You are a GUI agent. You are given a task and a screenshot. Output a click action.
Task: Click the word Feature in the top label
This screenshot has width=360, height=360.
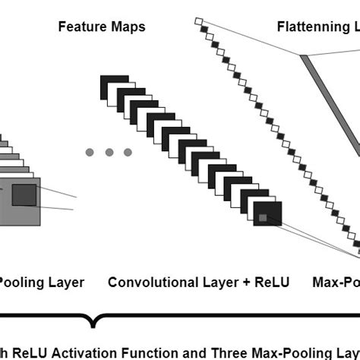(x=81, y=27)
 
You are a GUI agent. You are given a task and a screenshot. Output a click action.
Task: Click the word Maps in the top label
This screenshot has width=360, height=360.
(x=126, y=27)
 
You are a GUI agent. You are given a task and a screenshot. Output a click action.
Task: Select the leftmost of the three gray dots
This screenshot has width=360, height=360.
(x=90, y=153)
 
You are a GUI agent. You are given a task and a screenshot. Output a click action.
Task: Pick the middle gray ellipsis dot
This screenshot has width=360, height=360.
(x=109, y=153)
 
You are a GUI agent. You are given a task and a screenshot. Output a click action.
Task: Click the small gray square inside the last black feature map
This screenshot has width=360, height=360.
(x=263, y=218)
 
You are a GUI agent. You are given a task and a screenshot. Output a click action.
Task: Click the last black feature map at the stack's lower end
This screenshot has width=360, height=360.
(x=267, y=214)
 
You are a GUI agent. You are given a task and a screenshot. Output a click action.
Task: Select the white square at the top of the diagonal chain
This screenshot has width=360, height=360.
(x=198, y=21)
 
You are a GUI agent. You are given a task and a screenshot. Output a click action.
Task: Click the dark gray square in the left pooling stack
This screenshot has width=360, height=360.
(x=23, y=195)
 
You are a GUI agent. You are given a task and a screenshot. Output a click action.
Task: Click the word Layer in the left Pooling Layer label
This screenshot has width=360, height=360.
(x=61, y=283)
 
